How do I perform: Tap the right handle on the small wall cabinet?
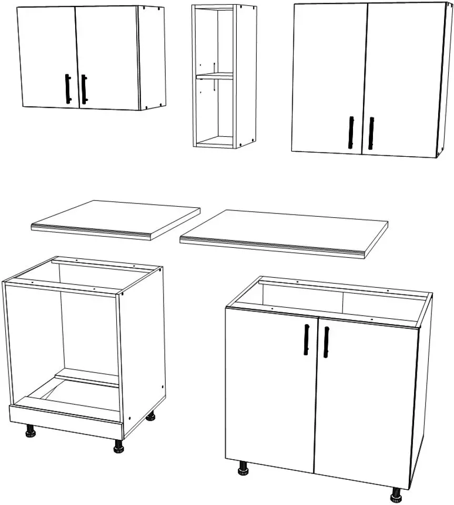(84, 89)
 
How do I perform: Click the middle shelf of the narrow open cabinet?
(214, 77)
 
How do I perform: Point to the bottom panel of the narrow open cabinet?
(216, 142)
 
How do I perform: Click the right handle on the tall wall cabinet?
(371, 133)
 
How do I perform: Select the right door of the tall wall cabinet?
(402, 79)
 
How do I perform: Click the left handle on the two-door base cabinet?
(306, 340)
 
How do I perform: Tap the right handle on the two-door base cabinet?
(326, 342)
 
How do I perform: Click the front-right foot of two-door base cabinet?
(396, 495)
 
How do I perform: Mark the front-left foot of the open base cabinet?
(29, 432)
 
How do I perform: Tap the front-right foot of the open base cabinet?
(119, 447)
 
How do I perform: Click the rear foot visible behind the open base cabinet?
(150, 417)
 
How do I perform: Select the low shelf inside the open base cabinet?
(87, 378)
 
